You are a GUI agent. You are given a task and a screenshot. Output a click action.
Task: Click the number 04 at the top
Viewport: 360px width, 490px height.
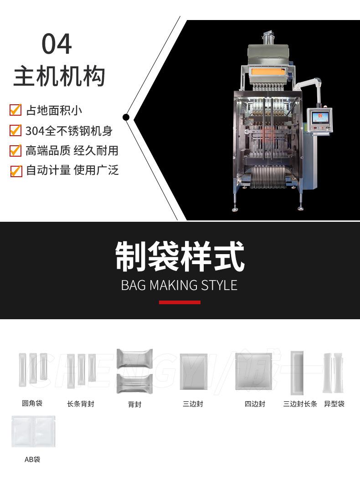[x=57, y=44]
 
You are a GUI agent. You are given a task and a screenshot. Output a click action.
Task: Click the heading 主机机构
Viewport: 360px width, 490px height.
[x=59, y=76]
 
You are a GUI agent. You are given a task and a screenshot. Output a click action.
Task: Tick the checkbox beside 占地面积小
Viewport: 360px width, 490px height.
[x=15, y=110]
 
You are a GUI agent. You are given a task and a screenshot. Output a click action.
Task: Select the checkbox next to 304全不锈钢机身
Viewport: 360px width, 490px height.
[x=15, y=131]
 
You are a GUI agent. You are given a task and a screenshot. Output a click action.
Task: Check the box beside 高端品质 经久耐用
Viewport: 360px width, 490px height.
[x=15, y=150]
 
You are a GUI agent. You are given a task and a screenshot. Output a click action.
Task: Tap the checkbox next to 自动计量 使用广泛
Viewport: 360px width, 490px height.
[x=15, y=171]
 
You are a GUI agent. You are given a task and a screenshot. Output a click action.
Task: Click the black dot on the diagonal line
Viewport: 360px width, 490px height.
[x=126, y=117]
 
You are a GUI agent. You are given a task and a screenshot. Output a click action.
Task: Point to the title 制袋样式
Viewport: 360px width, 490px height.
[x=180, y=257]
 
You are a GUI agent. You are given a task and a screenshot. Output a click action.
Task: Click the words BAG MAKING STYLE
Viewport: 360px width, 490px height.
[x=180, y=285]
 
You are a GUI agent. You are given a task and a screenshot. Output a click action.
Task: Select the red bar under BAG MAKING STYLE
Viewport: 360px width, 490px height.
[x=180, y=302]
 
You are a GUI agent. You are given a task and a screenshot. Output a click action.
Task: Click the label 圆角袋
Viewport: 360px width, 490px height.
[x=32, y=403]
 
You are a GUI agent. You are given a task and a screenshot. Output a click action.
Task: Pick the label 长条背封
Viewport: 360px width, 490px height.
[x=81, y=403]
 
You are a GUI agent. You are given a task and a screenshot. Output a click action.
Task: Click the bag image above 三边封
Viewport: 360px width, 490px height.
[x=194, y=371]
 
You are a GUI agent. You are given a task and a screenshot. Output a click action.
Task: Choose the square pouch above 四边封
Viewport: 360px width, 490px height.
[x=253, y=371]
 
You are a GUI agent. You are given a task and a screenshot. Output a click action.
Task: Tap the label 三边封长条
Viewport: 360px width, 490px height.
[x=300, y=403]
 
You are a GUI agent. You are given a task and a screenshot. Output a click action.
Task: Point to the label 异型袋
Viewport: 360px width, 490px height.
[x=334, y=403]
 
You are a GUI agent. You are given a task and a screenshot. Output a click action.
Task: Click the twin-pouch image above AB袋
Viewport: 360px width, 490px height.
[x=33, y=431]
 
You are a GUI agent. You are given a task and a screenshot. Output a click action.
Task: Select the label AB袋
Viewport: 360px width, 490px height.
[x=32, y=459]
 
